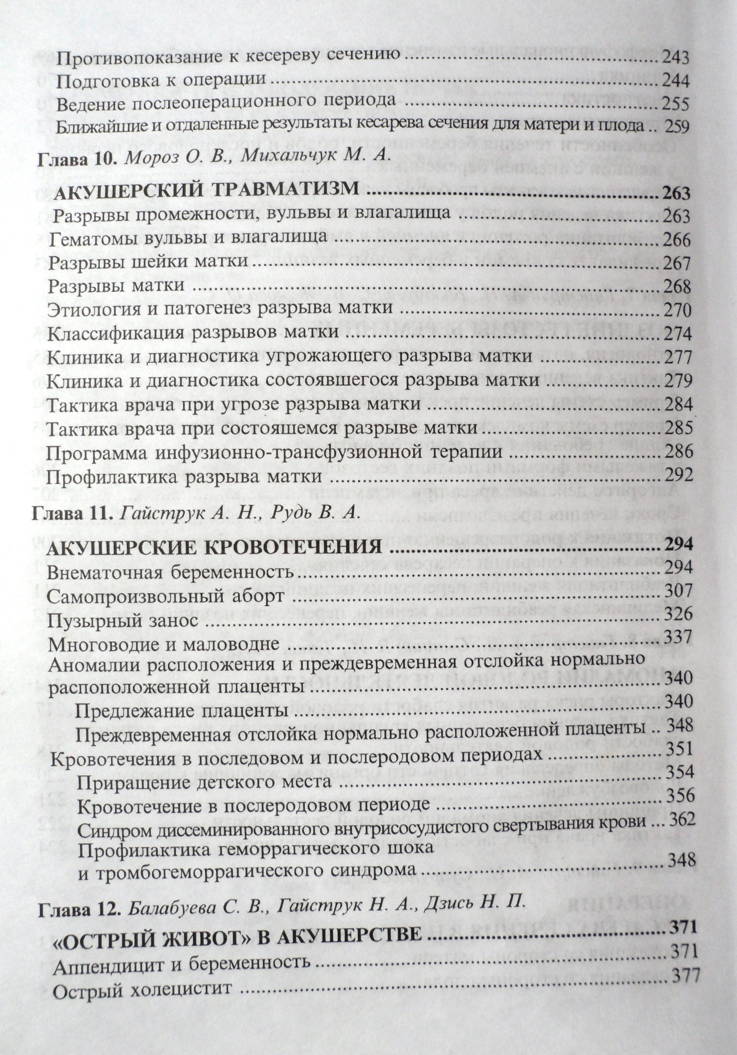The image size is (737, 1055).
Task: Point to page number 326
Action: tap(679, 614)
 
